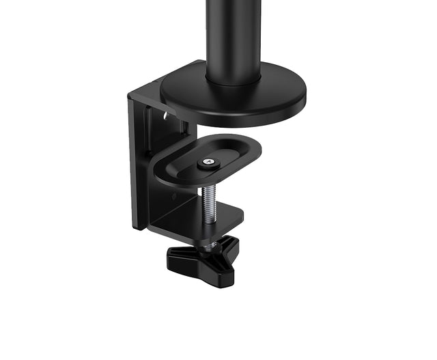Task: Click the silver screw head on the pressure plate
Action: tap(208, 163)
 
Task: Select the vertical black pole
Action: tap(234, 38)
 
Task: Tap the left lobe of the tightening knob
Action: tap(179, 255)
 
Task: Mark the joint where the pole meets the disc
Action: tap(234, 81)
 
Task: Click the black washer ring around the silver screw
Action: tap(208, 165)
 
